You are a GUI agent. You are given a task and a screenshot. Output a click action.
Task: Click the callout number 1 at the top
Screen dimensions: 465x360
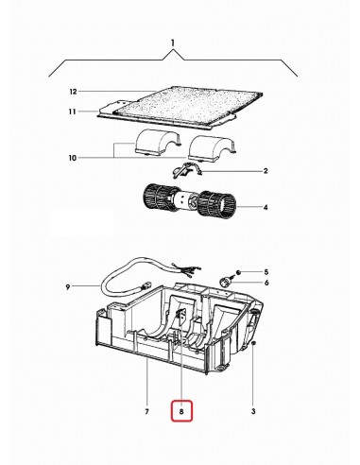(173, 43)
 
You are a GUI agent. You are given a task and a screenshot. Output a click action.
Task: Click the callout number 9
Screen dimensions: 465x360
(69, 285)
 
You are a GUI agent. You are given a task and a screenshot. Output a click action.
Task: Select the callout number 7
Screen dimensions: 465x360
(147, 411)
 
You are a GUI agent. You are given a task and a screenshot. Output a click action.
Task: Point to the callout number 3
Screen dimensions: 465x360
(253, 411)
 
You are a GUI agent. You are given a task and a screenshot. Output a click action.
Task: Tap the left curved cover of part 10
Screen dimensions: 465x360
(156, 144)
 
